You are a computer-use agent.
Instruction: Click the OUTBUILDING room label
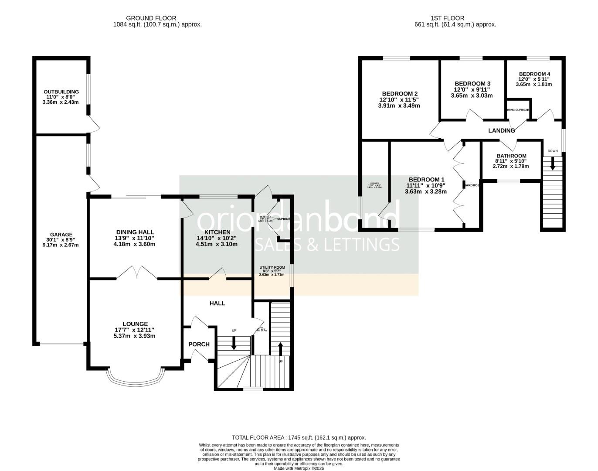click(61, 92)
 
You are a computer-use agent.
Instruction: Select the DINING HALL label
click(135, 232)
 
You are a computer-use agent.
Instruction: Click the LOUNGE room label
click(135, 324)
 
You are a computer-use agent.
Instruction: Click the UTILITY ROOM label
click(272, 267)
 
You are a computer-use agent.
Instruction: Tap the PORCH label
click(199, 344)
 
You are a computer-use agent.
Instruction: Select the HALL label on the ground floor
click(217, 303)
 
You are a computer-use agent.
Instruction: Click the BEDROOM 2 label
click(400, 94)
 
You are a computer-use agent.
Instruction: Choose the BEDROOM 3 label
click(472, 84)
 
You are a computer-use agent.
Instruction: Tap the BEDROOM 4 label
click(534, 74)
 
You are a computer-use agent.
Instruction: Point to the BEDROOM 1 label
click(426, 180)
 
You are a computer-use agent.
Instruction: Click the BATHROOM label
click(511, 156)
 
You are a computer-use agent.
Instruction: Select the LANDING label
click(501, 130)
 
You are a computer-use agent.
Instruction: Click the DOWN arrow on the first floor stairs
click(553, 164)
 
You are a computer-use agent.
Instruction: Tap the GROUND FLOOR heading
click(151, 18)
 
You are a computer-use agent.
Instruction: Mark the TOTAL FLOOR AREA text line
click(299, 437)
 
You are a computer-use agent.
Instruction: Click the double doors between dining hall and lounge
click(137, 273)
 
